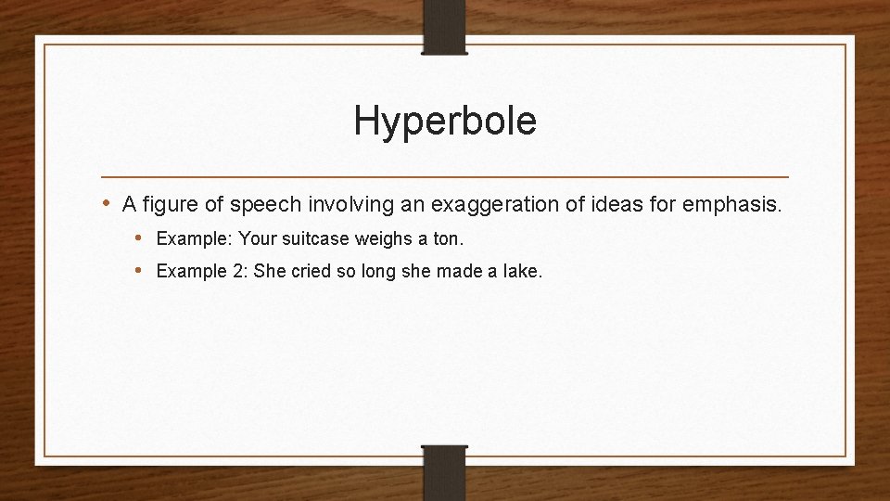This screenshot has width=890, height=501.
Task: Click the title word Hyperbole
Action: point(445,122)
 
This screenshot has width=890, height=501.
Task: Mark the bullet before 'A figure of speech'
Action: point(108,203)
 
